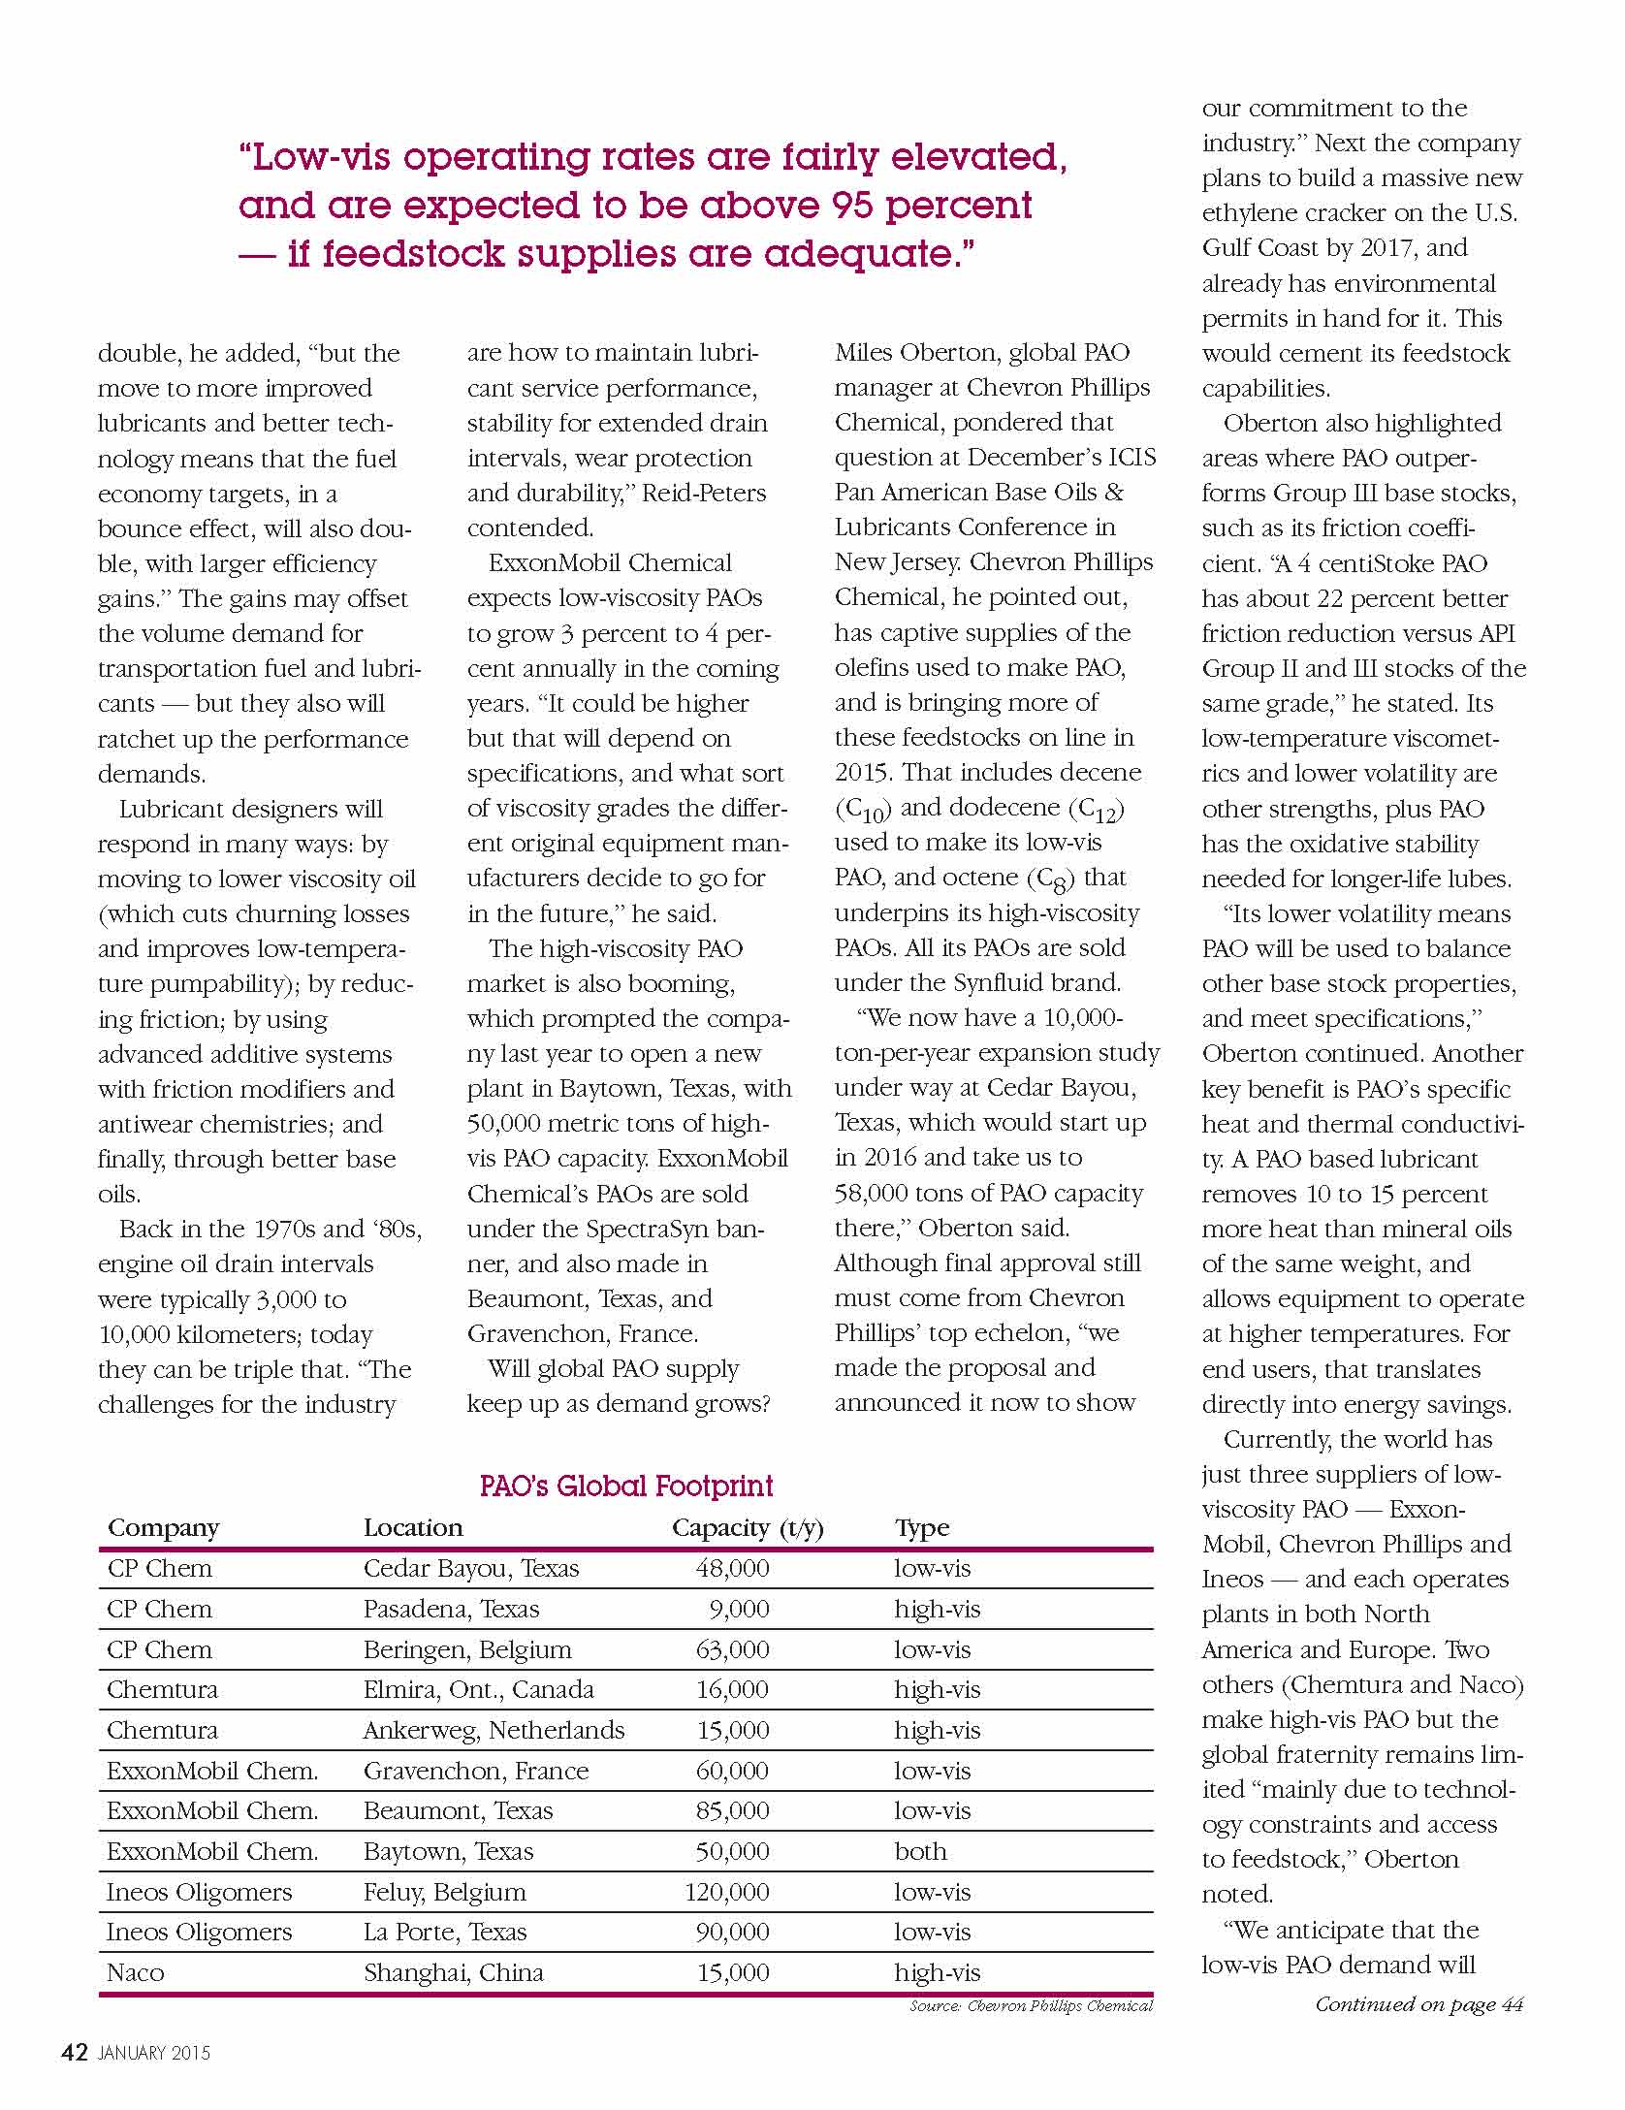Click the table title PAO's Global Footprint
[625, 1487]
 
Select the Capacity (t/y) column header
[747, 1528]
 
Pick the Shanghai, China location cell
[453, 1972]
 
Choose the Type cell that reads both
[920, 1851]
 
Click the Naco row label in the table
[135, 1972]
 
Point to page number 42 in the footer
[75, 2052]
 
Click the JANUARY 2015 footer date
[153, 2053]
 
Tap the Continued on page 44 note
[1418, 2004]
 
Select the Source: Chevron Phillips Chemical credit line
[1031, 2005]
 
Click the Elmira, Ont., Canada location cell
[478, 1689]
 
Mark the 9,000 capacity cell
[739, 1609]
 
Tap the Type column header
[921, 1528]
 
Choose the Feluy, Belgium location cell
[444, 1892]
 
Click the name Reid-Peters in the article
[707, 493]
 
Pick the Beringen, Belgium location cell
[467, 1649]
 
